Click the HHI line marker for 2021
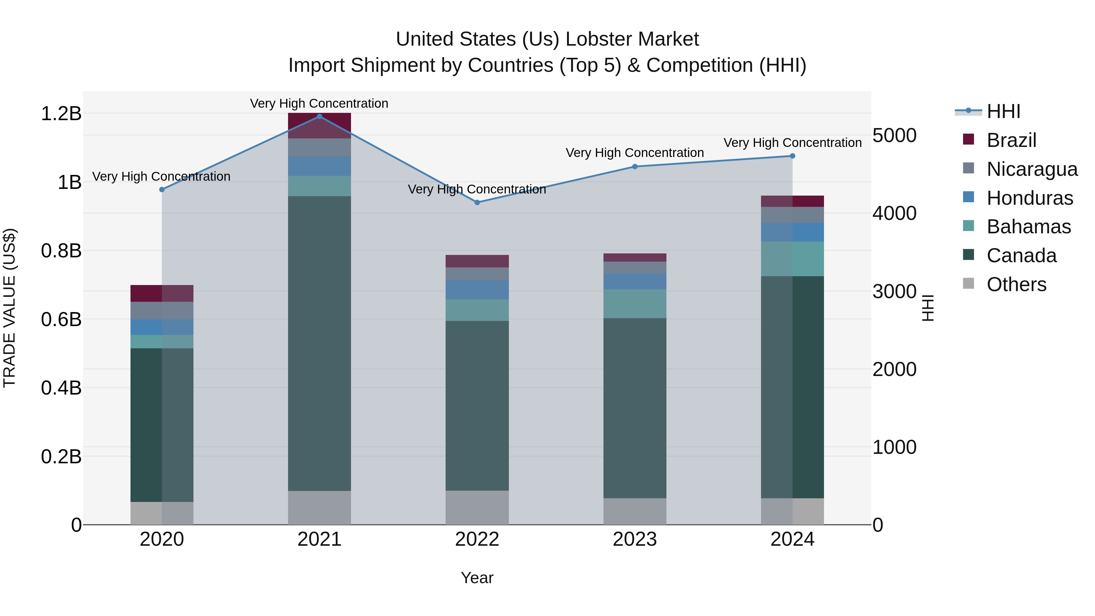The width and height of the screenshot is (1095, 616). pos(319,117)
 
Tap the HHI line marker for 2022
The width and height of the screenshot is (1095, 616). pos(477,202)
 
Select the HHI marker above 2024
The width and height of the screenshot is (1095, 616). pos(792,156)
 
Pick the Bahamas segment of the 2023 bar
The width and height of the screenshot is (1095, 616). pos(634,304)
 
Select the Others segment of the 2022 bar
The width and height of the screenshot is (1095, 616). pos(477,508)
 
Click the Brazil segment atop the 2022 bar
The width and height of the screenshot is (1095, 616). pos(477,261)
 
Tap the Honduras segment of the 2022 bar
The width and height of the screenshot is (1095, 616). pos(477,290)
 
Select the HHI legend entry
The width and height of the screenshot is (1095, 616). pos(1003,111)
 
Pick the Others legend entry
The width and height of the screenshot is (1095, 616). pos(1016,284)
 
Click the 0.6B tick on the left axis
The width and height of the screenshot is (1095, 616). pos(61,320)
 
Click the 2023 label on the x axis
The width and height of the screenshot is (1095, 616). pos(634,539)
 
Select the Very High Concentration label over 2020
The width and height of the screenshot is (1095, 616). pos(161,176)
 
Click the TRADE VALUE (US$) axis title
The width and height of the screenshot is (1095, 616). pos(9,308)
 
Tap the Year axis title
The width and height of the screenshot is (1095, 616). pos(477,578)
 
